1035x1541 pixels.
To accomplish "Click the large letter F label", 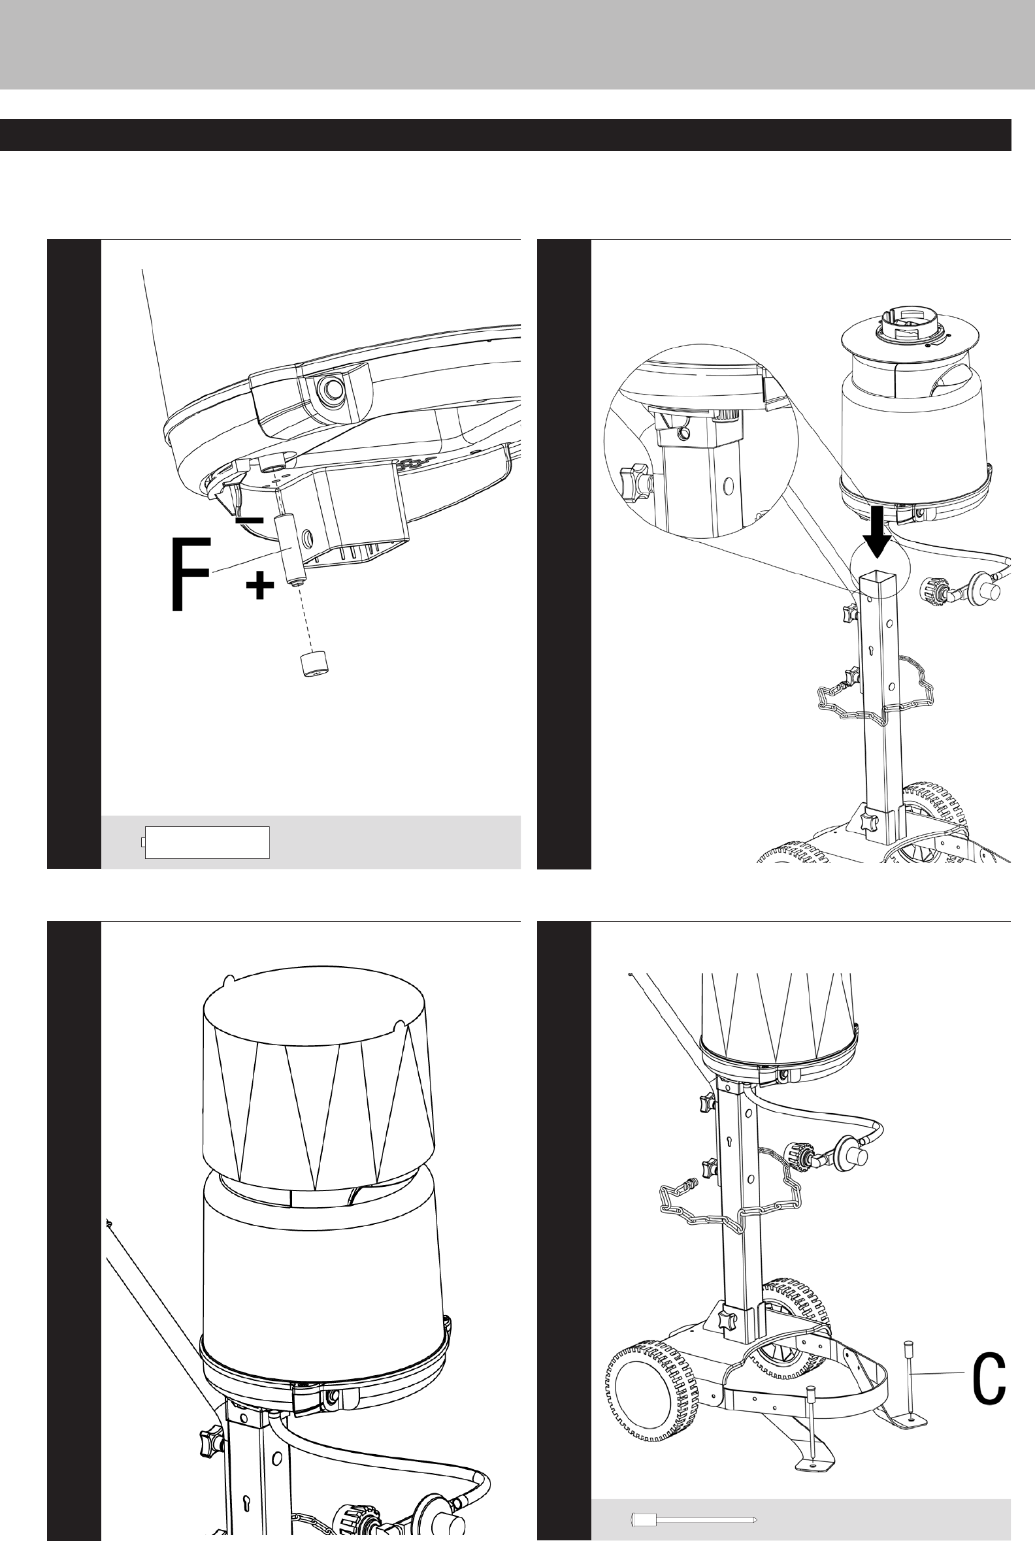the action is tap(191, 574).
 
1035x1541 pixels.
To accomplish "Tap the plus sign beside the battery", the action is tap(260, 585).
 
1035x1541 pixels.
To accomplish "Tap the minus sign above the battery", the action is tap(250, 521).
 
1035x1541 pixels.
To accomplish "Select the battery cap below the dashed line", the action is tap(312, 664).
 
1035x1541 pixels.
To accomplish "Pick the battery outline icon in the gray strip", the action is tap(206, 842).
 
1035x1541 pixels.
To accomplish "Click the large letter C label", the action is tap(989, 1377).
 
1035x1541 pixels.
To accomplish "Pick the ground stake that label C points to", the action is tap(909, 1378).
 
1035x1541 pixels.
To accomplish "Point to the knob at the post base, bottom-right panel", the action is tap(727, 1320).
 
